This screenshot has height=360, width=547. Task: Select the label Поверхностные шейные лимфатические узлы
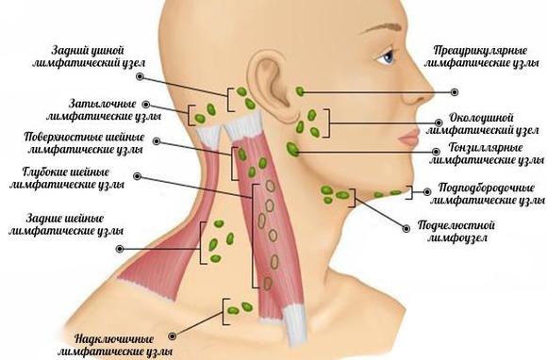(85, 142)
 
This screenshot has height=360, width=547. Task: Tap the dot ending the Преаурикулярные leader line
(454, 91)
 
